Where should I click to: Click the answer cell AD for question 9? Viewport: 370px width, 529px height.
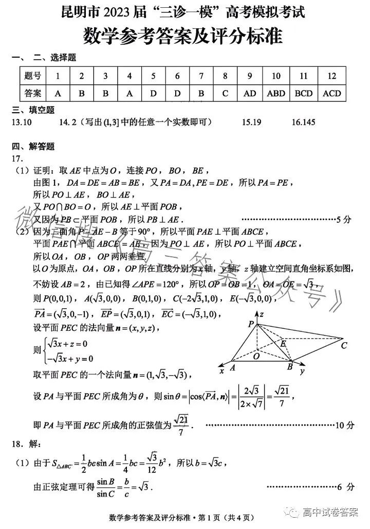point(249,94)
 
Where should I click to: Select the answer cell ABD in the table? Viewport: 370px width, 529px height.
point(276,94)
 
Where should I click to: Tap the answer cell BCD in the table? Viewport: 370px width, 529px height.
point(304,94)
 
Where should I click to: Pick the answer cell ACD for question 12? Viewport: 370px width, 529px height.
point(331,94)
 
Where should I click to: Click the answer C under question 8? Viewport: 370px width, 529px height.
point(225,94)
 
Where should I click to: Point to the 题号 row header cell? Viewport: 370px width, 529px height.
point(32,76)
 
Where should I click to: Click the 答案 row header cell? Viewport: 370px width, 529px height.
point(32,94)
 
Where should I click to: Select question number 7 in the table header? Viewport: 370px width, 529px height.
point(201,76)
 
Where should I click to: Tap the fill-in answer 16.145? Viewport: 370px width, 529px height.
point(303,122)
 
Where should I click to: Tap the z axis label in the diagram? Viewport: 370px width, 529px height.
point(262,313)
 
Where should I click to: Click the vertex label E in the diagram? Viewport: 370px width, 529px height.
point(282,342)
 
